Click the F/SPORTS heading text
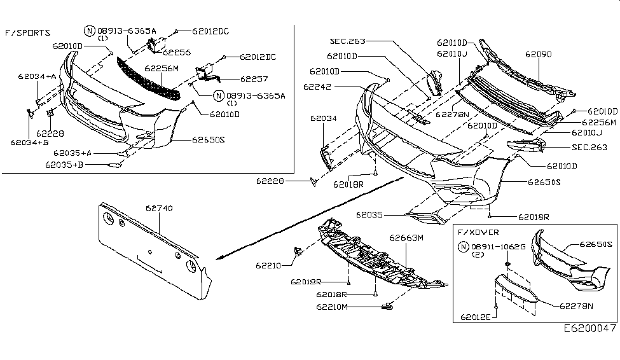click(x=29, y=32)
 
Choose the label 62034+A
click(x=36, y=76)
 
